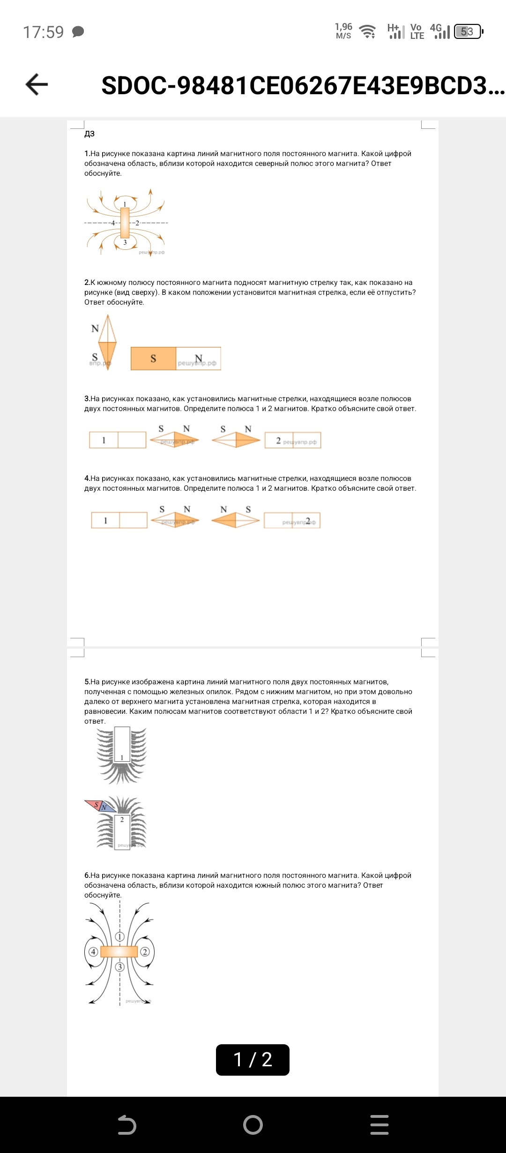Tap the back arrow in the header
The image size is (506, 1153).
pyautogui.click(x=37, y=85)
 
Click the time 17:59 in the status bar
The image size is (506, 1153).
pyautogui.click(x=43, y=32)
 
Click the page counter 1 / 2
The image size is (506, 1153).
pyautogui.click(x=253, y=1059)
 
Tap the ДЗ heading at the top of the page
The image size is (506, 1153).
pyautogui.click(x=89, y=134)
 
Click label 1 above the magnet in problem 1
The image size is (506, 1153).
pyautogui.click(x=125, y=204)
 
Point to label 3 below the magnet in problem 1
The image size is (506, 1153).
pyautogui.click(x=125, y=242)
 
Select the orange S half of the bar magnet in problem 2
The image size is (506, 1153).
pyautogui.click(x=153, y=359)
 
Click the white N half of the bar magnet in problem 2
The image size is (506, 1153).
pyautogui.click(x=198, y=359)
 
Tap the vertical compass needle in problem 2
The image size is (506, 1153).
pyautogui.click(x=108, y=342)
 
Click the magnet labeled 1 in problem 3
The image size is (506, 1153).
pyautogui.click(x=118, y=440)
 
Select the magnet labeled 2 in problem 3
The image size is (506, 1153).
pyautogui.click(x=293, y=440)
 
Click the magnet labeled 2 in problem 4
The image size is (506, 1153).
pyautogui.click(x=292, y=520)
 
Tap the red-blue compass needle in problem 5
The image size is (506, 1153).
pyautogui.click(x=101, y=806)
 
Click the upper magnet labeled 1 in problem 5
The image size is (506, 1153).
pyautogui.click(x=122, y=744)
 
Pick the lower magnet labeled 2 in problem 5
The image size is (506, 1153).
pyautogui.click(x=122, y=831)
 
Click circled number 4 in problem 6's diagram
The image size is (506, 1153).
pyautogui.click(x=93, y=951)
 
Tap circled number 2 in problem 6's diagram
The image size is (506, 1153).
pyautogui.click(x=145, y=951)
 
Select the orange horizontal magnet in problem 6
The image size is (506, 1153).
pyautogui.click(x=119, y=951)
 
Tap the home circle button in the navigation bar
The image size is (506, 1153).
pyautogui.click(x=253, y=1124)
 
